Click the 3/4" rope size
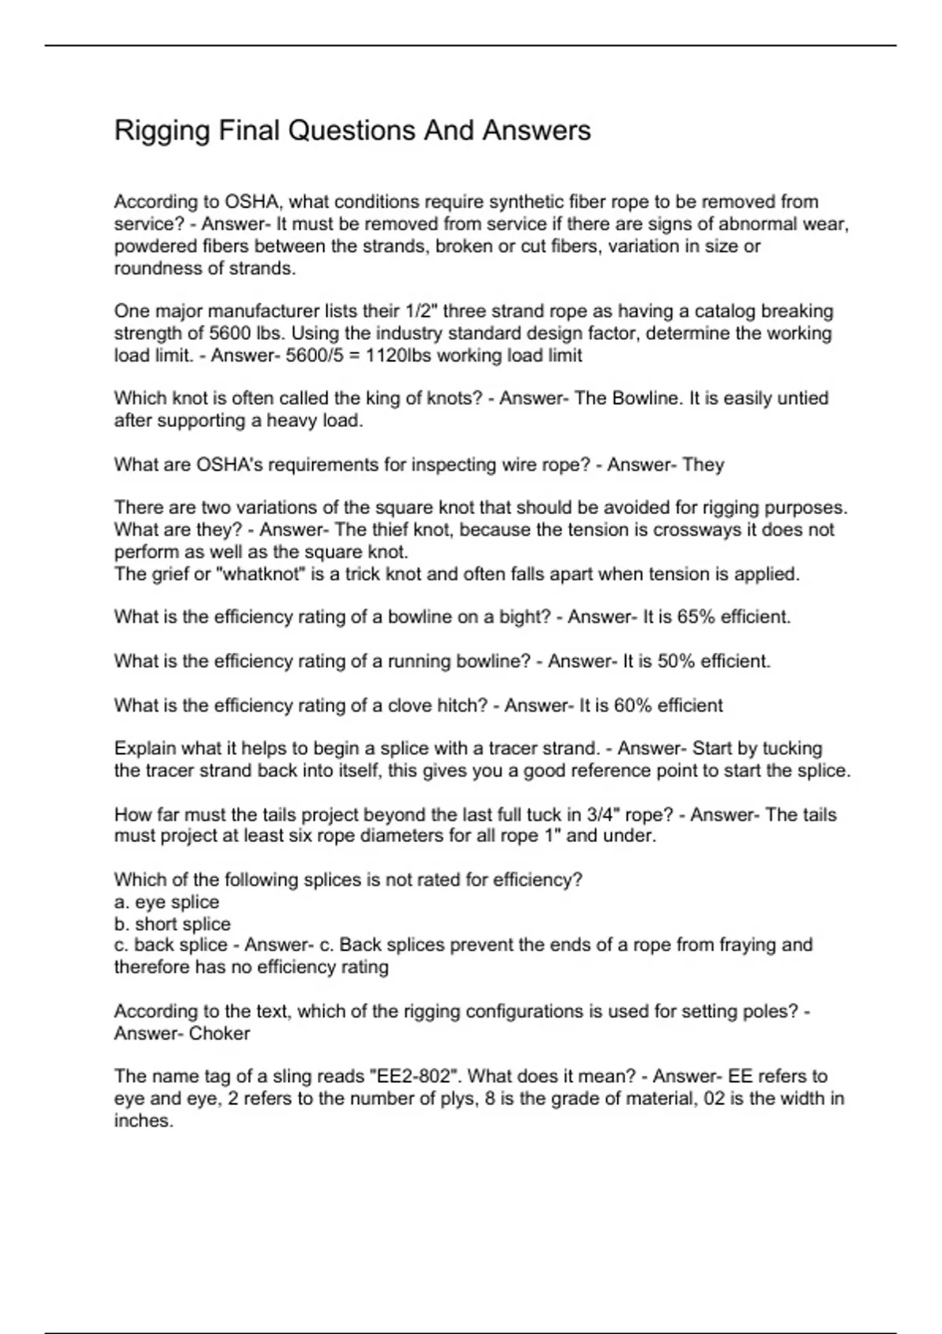click(x=603, y=815)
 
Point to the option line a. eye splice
click(x=166, y=902)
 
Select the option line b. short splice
click(x=173, y=924)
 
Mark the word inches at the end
click(x=142, y=1121)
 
